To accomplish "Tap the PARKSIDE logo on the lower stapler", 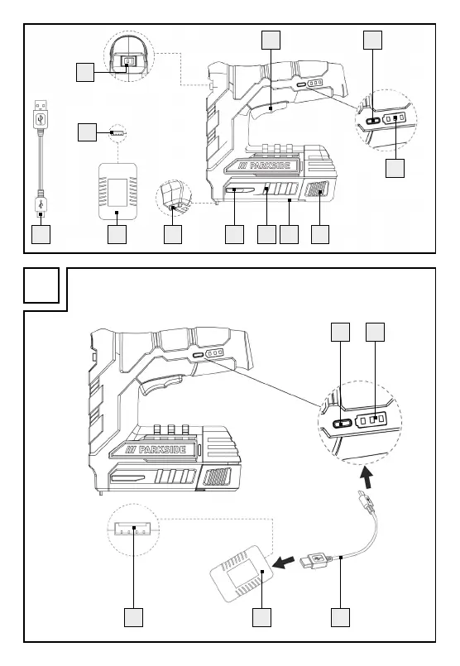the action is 156,450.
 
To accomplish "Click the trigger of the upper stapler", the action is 268,109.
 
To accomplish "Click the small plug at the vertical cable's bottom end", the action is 41,205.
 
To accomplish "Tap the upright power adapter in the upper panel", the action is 117,191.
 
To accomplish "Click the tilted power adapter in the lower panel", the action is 242,574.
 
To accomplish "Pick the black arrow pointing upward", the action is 367,477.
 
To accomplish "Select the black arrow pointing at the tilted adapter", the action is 283,563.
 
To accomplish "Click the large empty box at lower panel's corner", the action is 41,285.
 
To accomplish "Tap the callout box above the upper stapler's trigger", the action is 271,40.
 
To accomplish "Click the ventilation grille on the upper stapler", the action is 317,189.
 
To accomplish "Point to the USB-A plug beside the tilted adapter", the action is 315,558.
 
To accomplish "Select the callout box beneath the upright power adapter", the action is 117,234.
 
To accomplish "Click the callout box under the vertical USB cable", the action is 41,234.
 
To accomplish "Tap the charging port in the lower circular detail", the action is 342,424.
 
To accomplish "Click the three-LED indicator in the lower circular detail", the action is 372,420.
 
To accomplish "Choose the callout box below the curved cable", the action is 341,617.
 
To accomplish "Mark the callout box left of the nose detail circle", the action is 85,72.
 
